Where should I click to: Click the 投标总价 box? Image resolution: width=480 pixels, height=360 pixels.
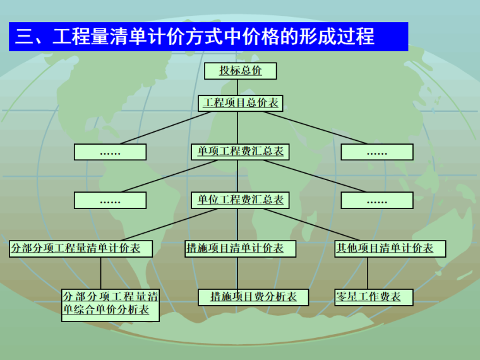(x=241, y=70)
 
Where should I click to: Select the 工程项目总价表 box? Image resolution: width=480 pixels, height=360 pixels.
(x=241, y=103)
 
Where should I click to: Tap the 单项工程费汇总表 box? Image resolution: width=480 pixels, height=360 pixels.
(x=241, y=152)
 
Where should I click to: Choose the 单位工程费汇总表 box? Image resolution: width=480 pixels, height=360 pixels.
(x=241, y=200)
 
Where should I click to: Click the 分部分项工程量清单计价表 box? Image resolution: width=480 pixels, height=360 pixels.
(x=80, y=249)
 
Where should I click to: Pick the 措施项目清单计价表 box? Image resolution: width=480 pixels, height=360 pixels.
(x=237, y=249)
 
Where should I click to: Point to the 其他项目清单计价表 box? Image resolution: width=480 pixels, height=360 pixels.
(x=390, y=249)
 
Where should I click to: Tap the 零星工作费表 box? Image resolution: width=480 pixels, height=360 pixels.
(x=373, y=297)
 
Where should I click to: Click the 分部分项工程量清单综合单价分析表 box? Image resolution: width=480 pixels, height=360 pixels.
(x=110, y=304)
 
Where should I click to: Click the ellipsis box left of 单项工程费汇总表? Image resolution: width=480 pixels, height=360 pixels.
(x=110, y=152)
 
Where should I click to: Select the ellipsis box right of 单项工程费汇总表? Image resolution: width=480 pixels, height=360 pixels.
(x=377, y=152)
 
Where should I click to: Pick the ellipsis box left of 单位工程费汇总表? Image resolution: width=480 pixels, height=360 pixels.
(x=110, y=200)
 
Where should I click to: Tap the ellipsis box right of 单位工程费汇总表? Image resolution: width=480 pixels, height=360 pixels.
(x=377, y=200)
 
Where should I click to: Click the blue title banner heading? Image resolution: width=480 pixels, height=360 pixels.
(x=208, y=37)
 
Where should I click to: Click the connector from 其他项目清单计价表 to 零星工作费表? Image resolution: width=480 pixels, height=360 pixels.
(x=368, y=273)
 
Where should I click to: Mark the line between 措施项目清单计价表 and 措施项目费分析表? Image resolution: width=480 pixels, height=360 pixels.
(x=237, y=273)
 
